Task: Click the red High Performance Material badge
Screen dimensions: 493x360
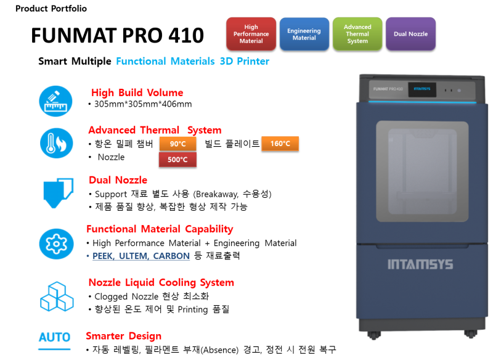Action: pyautogui.click(x=251, y=34)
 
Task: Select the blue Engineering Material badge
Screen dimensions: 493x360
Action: pyautogui.click(x=304, y=34)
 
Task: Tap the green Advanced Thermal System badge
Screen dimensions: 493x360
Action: pyautogui.click(x=357, y=34)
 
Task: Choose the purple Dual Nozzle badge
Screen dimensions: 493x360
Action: pyautogui.click(x=410, y=34)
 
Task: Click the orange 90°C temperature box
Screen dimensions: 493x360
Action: pyautogui.click(x=177, y=144)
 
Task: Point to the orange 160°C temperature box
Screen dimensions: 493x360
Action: pyautogui.click(x=280, y=144)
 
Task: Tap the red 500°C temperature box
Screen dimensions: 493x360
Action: pyautogui.click(x=177, y=160)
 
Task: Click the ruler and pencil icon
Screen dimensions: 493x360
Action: pyautogui.click(x=55, y=101)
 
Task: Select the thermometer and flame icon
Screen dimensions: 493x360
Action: pyautogui.click(x=56, y=143)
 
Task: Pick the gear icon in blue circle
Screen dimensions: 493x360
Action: pyautogui.click(x=56, y=244)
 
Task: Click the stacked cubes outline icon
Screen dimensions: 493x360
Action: pyautogui.click(x=57, y=297)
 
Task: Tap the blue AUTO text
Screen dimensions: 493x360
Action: pyautogui.click(x=54, y=337)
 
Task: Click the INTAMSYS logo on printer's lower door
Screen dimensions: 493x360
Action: pyautogui.click(x=420, y=264)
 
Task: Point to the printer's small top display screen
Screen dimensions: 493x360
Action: pyautogui.click(x=422, y=89)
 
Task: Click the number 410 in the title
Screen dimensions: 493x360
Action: pyautogui.click(x=186, y=35)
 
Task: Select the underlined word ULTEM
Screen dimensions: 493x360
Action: pyautogui.click(x=132, y=256)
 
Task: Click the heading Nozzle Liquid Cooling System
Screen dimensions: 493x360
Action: pyautogui.click(x=161, y=282)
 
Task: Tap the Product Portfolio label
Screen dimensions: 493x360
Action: pyautogui.click(x=51, y=9)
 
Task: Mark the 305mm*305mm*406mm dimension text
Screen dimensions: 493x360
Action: pyautogui.click(x=143, y=104)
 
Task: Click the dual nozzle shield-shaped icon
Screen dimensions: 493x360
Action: pyautogui.click(x=58, y=193)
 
